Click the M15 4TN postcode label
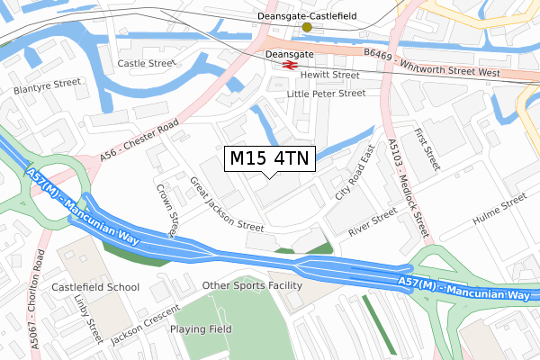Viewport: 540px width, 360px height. [x=269, y=159]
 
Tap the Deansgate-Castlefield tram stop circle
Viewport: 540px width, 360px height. [x=307, y=27]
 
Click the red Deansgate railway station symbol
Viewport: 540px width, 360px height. [x=289, y=64]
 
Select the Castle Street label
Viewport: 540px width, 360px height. [x=144, y=64]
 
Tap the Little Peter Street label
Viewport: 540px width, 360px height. [x=326, y=93]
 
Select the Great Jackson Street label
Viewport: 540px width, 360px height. [x=226, y=202]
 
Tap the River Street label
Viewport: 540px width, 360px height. [x=372, y=222]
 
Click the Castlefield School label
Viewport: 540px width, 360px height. [x=95, y=287]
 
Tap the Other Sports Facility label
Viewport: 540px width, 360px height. [x=252, y=285]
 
